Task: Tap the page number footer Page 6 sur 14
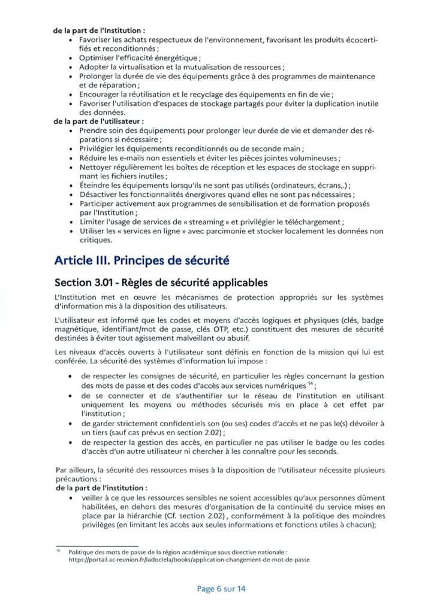coord(221,588)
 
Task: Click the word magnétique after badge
coord(74,330)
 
